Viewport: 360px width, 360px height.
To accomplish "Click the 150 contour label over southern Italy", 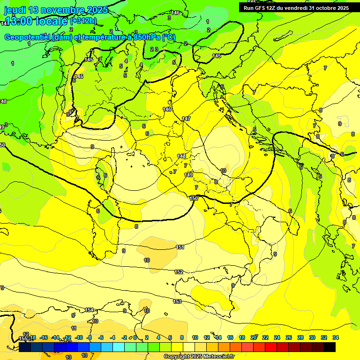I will pyautogui.click(x=194, y=198).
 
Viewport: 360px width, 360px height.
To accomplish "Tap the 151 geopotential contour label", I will pyautogui.click(x=180, y=247).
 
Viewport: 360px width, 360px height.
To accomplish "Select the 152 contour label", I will pyautogui.click(x=179, y=272).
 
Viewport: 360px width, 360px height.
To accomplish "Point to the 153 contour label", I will pyautogui.click(x=177, y=301).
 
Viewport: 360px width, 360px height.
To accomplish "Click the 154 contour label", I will pyautogui.click(x=89, y=310).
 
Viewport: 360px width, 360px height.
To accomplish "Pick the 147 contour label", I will pyautogui.click(x=187, y=119).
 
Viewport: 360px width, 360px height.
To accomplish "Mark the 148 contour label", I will pyautogui.click(x=182, y=156).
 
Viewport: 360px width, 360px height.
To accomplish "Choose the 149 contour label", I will pyautogui.click(x=188, y=175).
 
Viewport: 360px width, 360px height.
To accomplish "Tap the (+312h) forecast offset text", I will pyautogui.click(x=83, y=21).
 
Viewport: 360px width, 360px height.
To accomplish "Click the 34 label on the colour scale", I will pyautogui.click(x=336, y=337).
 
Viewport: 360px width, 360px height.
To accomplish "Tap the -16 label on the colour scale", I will pyautogui.click(x=44, y=337).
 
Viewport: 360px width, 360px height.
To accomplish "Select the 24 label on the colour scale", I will pyautogui.click(x=277, y=337).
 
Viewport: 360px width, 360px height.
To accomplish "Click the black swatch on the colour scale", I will pyautogui.click(x=330, y=347).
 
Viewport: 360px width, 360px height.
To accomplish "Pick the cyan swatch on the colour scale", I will pyautogui.click(x=119, y=347).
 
